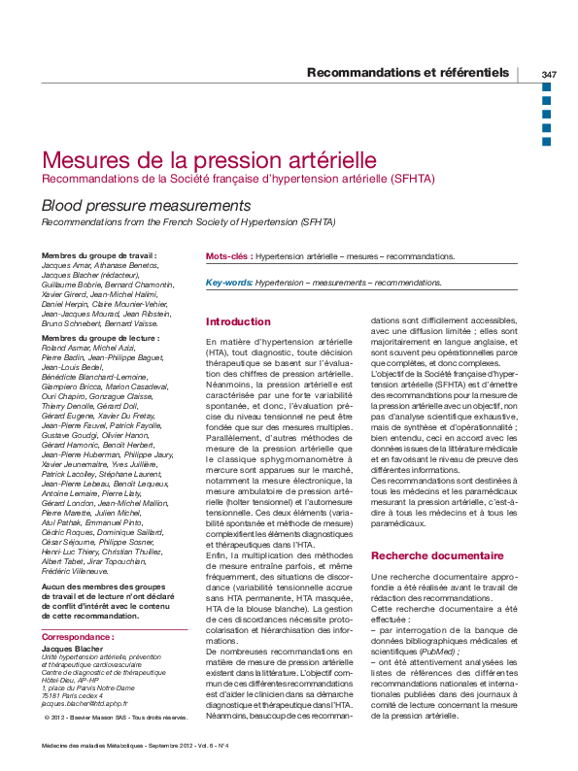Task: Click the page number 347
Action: click(549, 74)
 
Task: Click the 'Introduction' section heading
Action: click(238, 321)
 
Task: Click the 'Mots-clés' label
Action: click(227, 256)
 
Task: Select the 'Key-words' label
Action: click(228, 282)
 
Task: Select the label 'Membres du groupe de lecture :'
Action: click(97, 337)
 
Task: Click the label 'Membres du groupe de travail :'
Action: click(99, 255)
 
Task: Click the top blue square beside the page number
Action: click(546, 87)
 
